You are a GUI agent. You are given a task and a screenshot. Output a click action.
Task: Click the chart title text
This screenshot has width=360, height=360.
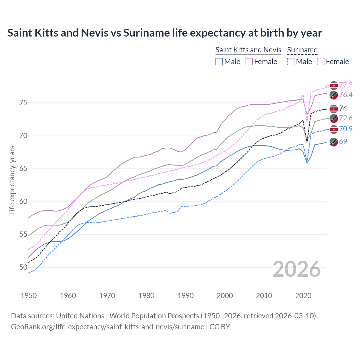coord(165,33)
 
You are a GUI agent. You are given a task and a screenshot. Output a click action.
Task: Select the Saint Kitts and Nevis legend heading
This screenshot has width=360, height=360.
coord(248,50)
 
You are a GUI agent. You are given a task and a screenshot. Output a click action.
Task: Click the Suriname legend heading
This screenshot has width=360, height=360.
coord(302,50)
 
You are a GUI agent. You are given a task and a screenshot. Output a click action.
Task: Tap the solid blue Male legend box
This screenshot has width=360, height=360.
coord(219,62)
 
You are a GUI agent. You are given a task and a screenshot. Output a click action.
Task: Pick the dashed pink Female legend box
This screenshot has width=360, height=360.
coord(321,62)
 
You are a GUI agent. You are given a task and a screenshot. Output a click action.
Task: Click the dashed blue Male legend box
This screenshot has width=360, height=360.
coord(291,62)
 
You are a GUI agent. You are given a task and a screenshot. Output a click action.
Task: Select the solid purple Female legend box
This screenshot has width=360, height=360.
coord(249,62)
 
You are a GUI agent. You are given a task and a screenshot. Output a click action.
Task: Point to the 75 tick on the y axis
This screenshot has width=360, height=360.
coord(23,103)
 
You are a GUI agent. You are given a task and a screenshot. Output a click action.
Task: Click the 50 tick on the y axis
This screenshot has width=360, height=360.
coord(23,267)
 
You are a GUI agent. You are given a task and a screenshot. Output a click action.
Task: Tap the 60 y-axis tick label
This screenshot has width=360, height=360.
coord(23,201)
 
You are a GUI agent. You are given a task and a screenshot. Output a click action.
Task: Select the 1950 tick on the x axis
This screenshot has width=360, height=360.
coord(29,296)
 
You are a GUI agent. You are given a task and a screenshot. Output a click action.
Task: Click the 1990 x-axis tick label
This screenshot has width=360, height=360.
coord(186,296)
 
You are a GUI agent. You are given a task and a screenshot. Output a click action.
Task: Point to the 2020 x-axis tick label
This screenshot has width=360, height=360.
coord(303,296)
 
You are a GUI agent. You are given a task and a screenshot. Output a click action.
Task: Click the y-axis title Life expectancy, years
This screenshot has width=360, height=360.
coord(12,180)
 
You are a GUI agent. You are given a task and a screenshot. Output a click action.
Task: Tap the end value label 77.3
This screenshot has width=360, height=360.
coord(346,85)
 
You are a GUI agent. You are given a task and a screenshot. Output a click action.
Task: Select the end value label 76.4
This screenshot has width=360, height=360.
coord(346,94)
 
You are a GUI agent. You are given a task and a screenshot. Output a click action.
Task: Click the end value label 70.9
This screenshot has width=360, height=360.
coord(346,129)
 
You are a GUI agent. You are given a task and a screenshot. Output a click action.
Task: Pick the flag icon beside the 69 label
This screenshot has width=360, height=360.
coord(334,142)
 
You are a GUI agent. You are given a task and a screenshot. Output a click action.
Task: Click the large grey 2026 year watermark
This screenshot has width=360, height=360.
coord(297,269)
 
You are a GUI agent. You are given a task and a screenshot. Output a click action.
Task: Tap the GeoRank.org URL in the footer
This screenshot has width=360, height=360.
coord(107,327)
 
